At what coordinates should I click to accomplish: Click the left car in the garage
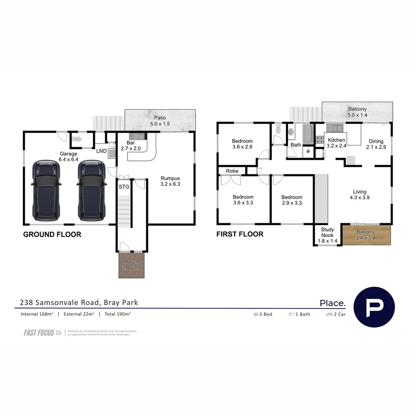tap(46, 190)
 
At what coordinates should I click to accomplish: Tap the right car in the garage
tap(91, 190)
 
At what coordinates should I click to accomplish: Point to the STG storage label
tap(124, 187)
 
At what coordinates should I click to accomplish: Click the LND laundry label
tap(101, 151)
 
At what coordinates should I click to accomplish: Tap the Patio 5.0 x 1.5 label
tap(160, 121)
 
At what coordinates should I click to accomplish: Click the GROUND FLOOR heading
tap(52, 234)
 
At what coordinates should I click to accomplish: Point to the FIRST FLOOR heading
tap(240, 234)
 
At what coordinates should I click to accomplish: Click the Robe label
tap(232, 171)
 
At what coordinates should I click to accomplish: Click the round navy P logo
tap(374, 307)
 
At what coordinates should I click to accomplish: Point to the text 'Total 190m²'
tap(117, 314)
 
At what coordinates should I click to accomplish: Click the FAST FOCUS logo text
tap(39, 333)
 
